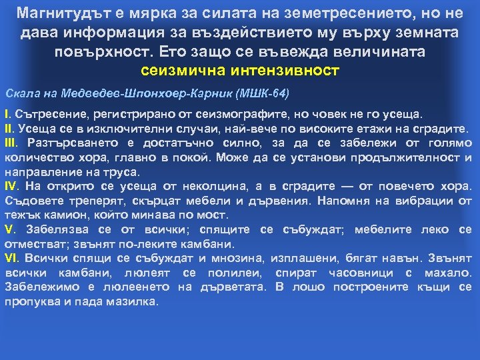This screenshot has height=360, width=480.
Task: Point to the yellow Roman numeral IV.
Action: coord(12,186)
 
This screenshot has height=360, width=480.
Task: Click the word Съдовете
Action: coord(32,201)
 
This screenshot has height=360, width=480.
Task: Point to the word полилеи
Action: coord(228,273)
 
